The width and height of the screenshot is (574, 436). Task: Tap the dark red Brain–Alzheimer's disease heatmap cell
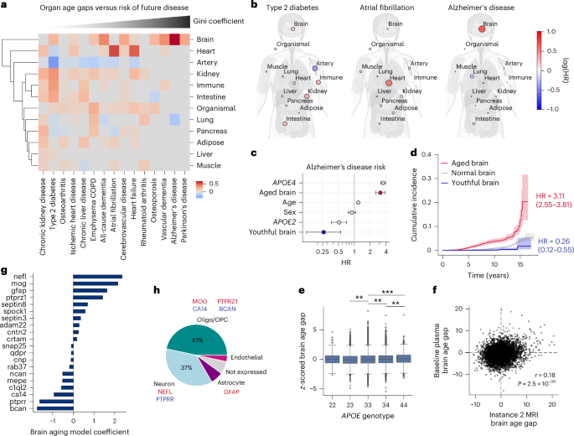(x=174, y=39)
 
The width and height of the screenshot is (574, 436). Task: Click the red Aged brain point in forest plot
(x=380, y=192)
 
